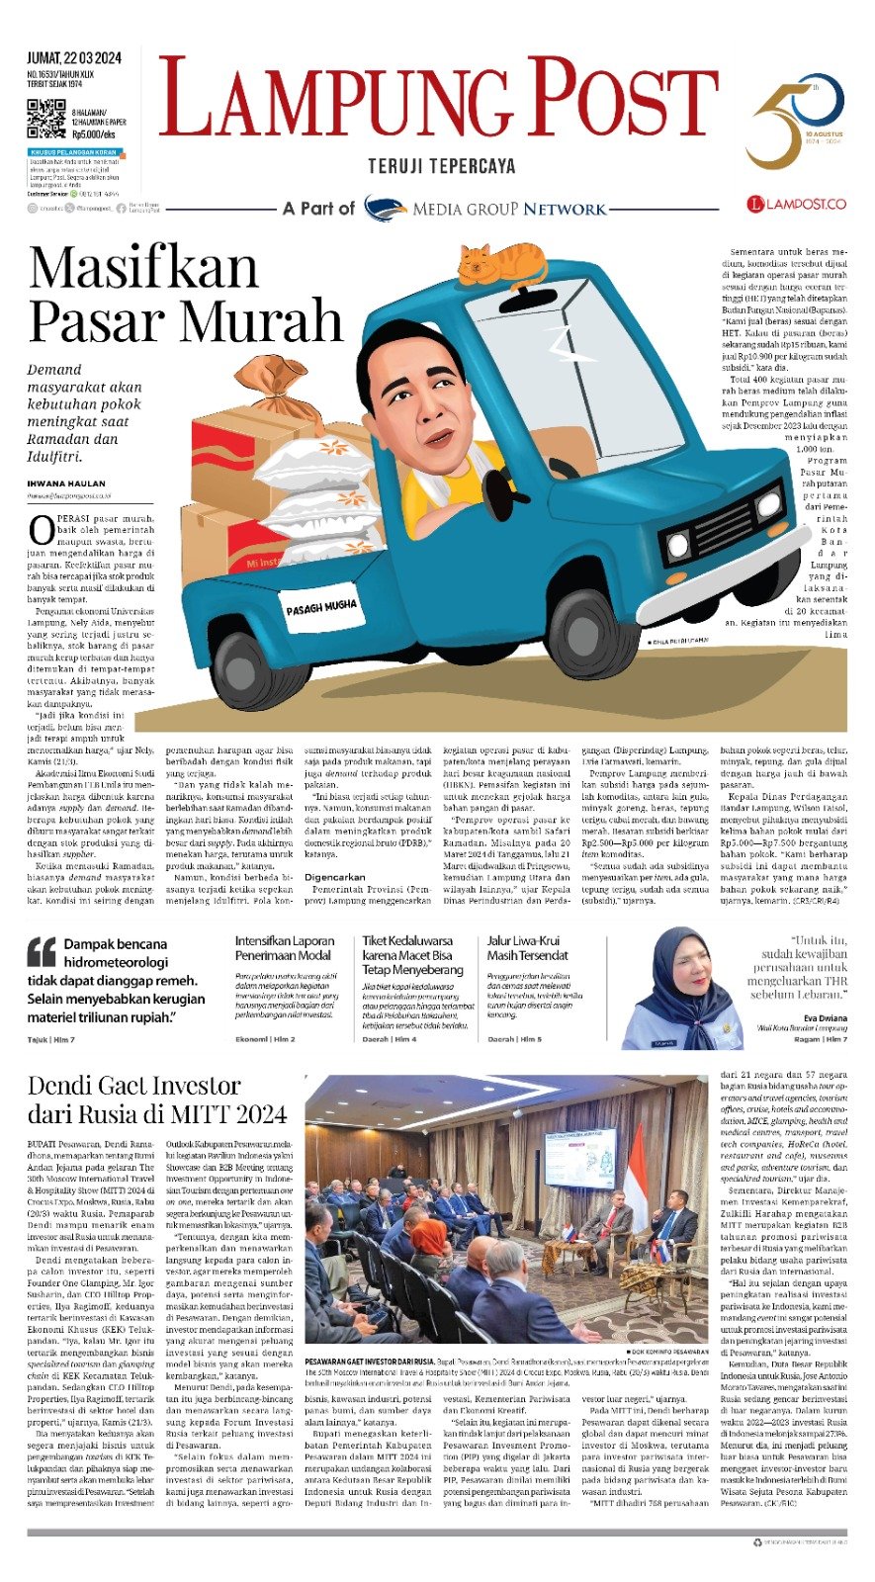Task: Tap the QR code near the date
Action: (45, 119)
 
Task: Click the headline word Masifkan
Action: (143, 269)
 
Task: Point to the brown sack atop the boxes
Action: (281, 394)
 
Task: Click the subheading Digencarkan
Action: (334, 877)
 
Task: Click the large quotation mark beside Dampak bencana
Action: (42, 951)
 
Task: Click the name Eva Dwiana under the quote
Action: (825, 1017)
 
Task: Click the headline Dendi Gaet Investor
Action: (134, 1086)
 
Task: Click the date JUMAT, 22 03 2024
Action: (74, 56)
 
